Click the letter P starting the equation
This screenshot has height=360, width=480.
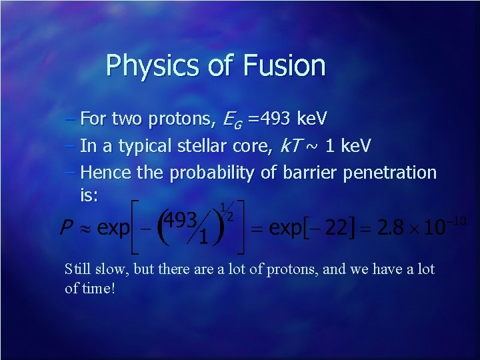coord(65,229)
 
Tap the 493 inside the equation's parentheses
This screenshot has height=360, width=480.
coord(181,220)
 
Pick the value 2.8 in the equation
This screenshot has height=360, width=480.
coord(390,229)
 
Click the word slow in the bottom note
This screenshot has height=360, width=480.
coord(111,269)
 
